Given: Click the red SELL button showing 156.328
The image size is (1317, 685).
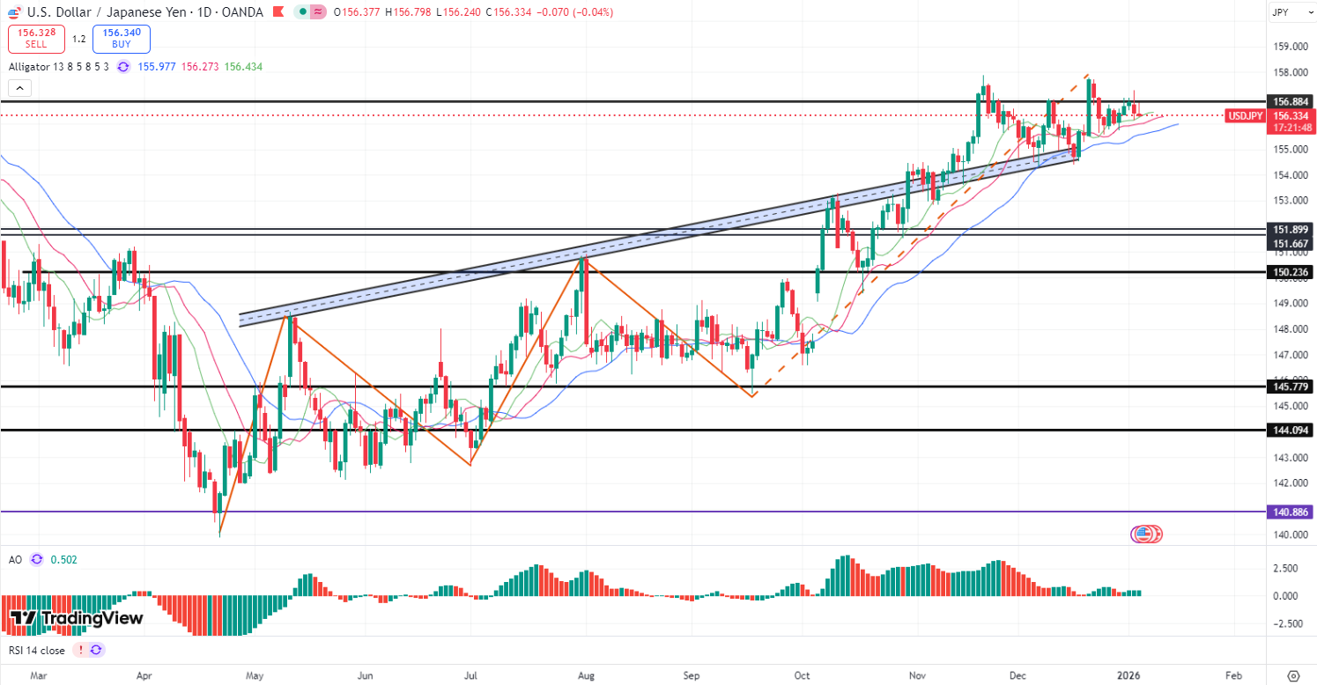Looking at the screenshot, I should [36, 39].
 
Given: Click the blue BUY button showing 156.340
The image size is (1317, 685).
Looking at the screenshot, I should [122, 39].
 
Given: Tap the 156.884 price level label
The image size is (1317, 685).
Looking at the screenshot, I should [1289, 101].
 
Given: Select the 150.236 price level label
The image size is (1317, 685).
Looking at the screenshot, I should [1289, 272].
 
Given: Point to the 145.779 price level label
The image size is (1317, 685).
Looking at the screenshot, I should [1289, 387].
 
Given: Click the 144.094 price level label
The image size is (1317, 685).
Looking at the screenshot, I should [1289, 430].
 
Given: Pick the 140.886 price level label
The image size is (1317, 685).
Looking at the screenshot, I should [1289, 511].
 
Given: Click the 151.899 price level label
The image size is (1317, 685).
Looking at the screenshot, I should [1289, 229].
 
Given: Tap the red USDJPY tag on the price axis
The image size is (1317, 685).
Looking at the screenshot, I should [1244, 115].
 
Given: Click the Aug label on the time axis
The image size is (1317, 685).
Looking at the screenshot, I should [587, 675].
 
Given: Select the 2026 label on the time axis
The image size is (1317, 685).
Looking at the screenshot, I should [1128, 675].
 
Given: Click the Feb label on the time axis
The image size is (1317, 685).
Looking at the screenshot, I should [1233, 675].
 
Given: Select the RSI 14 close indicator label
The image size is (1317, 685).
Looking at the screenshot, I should [36, 650].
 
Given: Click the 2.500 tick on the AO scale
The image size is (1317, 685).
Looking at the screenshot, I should [1287, 569].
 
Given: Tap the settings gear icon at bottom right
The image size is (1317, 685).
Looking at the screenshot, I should [1292, 675].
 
